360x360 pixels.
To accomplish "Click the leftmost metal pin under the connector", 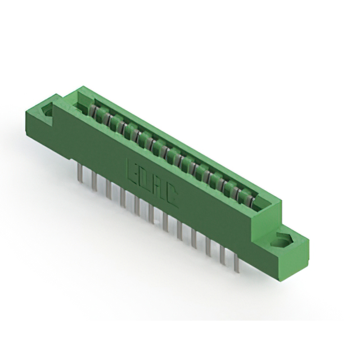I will click(80, 168).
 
